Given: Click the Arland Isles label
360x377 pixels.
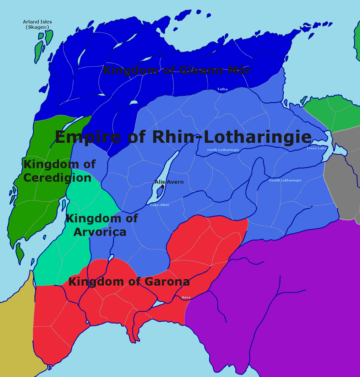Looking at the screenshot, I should (x=37, y=22).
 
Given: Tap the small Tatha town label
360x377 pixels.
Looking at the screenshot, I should (x=222, y=89).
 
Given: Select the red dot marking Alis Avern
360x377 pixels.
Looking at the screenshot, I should (x=162, y=187).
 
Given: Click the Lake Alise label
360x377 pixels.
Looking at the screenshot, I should (x=160, y=205).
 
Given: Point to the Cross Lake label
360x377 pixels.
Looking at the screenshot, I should (x=317, y=148).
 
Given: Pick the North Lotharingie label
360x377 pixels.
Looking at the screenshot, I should (x=223, y=150).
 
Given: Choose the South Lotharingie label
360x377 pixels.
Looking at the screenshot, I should (x=285, y=180).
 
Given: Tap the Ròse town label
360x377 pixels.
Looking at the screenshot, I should (x=186, y=298).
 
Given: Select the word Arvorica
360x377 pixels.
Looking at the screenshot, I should (x=100, y=232).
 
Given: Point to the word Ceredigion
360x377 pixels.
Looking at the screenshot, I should (x=57, y=178).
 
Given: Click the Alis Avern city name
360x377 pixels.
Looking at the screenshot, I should (x=169, y=182).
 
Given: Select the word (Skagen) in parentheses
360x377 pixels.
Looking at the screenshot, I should (x=37, y=27).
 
